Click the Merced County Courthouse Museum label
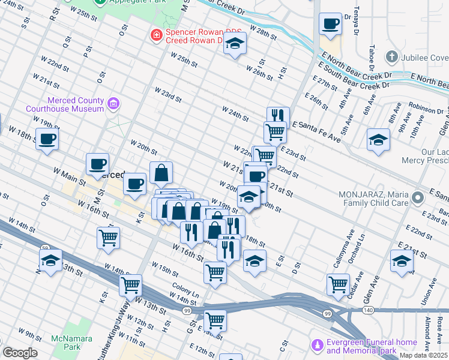click(x=65, y=105)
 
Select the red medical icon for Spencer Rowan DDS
click(x=156, y=35)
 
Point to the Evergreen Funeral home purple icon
click(x=317, y=346)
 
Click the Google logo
click(x=20, y=353)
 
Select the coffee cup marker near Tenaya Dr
click(x=330, y=25)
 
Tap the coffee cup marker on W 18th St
click(x=47, y=140)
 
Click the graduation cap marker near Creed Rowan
click(x=235, y=44)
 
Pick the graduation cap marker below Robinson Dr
click(x=378, y=140)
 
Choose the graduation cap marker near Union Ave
click(x=402, y=261)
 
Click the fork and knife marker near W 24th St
click(x=278, y=115)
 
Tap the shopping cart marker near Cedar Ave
click(x=339, y=284)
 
